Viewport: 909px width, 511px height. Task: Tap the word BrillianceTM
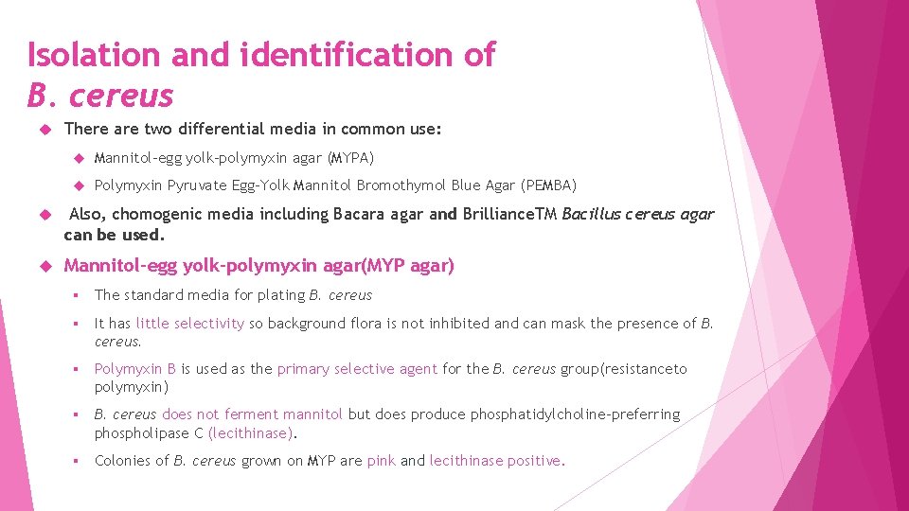pyautogui.click(x=509, y=215)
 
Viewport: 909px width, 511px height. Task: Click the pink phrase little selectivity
pyautogui.click(x=189, y=324)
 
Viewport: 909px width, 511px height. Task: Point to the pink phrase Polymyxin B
pyautogui.click(x=135, y=369)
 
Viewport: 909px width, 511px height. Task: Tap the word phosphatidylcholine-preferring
pyautogui.click(x=575, y=414)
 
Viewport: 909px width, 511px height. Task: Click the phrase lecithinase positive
pyautogui.click(x=495, y=461)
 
